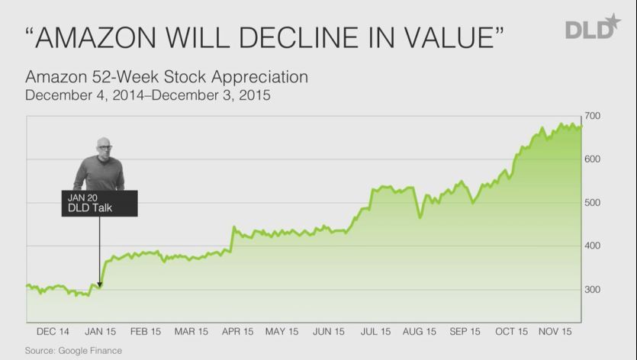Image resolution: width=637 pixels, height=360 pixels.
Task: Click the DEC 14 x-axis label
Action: click(x=53, y=332)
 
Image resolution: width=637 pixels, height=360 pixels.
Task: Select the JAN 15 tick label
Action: click(x=99, y=332)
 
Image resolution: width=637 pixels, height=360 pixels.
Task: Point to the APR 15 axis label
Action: click(x=236, y=332)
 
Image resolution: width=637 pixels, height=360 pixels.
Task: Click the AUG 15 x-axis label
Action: click(x=420, y=332)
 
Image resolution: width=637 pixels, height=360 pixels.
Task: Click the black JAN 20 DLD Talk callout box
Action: click(x=99, y=203)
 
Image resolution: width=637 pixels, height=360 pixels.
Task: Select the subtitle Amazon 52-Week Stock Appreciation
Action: click(x=166, y=78)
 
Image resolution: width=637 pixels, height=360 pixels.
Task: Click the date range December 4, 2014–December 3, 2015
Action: click(x=148, y=96)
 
